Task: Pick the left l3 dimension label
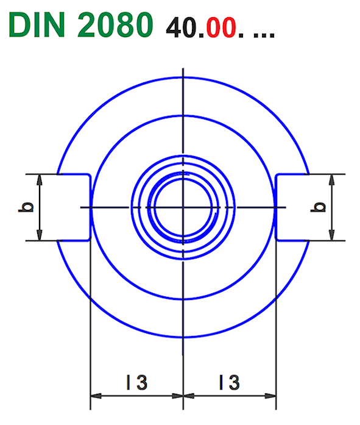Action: click(x=136, y=382)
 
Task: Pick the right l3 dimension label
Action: click(x=228, y=382)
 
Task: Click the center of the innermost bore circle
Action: click(x=183, y=207)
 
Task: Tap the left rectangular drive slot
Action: click(x=73, y=207)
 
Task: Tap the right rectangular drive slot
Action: click(x=292, y=207)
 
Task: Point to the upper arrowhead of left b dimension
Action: click(x=40, y=179)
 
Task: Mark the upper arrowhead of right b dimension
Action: click(x=332, y=179)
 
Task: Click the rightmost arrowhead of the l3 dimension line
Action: click(x=272, y=396)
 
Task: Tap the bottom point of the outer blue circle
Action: click(x=183, y=337)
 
